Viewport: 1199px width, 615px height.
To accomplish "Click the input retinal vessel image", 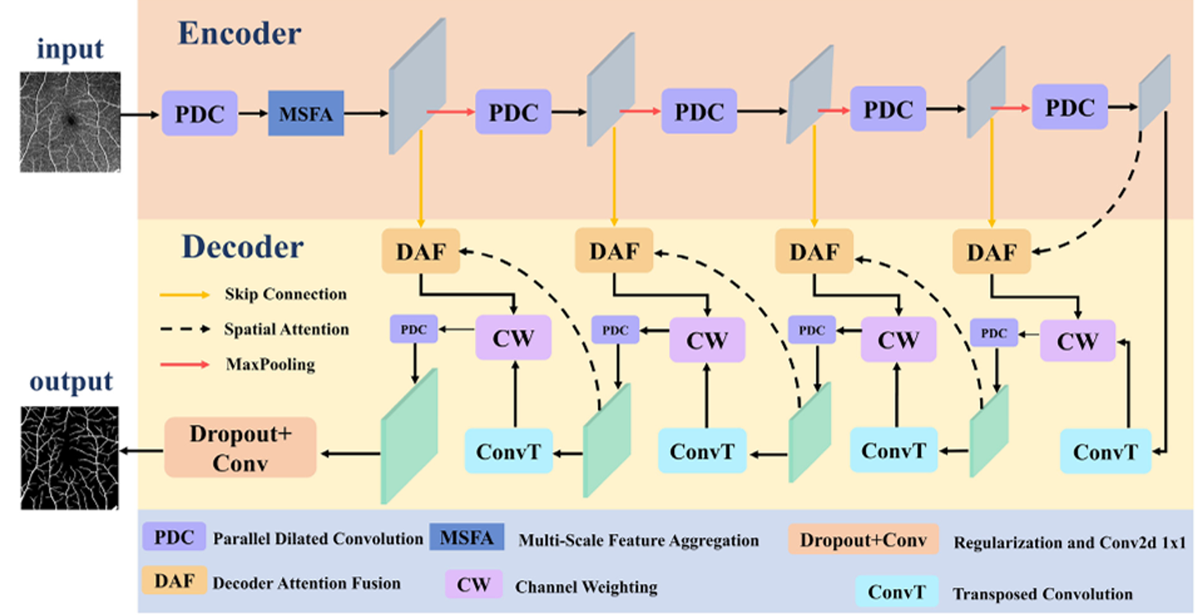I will [70, 121].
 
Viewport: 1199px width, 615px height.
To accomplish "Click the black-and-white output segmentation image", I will [70, 458].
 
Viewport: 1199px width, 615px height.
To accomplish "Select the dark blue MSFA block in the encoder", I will [306, 114].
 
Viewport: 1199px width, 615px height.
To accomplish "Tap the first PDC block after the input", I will [200, 114].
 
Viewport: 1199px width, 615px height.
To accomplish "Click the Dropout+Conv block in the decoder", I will [240, 448].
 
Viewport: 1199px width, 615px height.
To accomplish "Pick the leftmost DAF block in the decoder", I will [421, 251].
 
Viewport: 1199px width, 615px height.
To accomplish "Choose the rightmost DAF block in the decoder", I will [991, 251].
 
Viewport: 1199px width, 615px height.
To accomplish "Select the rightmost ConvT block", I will [1106, 451].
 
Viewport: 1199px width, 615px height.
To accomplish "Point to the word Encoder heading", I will [239, 34].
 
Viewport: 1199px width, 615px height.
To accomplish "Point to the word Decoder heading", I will [243, 246].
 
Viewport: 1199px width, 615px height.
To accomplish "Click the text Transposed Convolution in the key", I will [1042, 594].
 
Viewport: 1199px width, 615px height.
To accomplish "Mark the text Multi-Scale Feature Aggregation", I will [638, 540].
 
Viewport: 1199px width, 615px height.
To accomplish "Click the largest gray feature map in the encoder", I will [417, 86].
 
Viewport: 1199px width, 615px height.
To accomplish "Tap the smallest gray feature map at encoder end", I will [1155, 92].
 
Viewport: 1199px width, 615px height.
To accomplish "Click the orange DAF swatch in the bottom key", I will [174, 582].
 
